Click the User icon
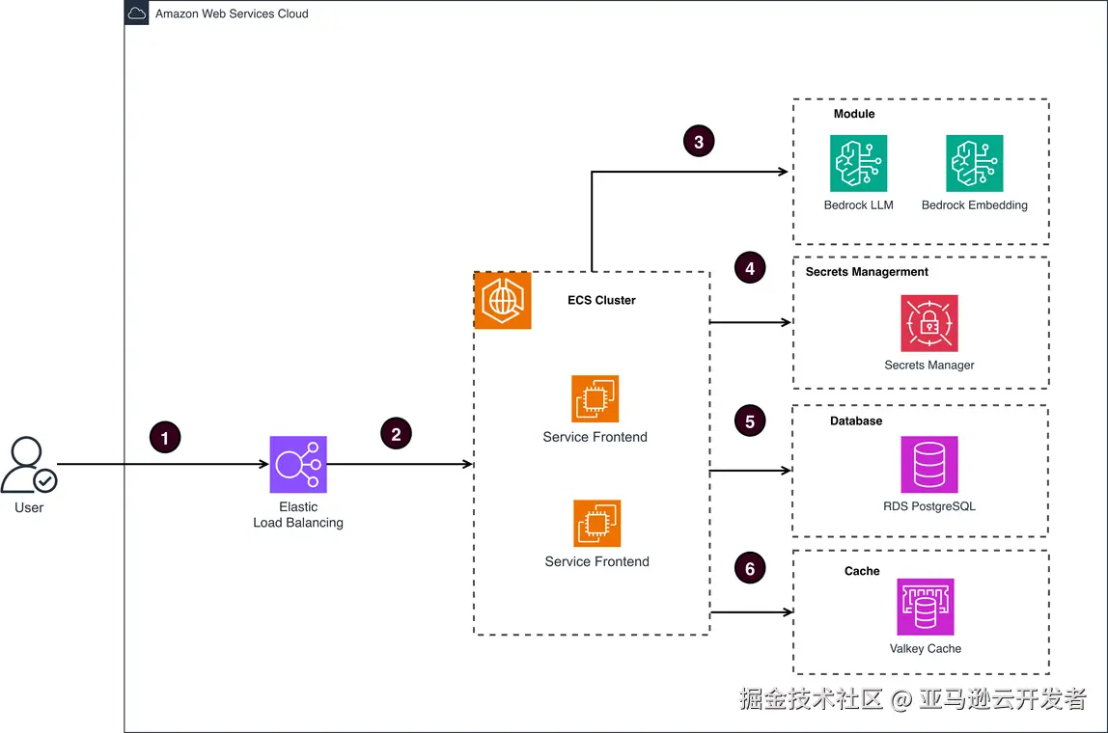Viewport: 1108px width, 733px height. [x=29, y=466]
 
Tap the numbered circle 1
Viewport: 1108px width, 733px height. [x=165, y=438]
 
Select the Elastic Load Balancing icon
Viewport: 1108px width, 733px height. [x=298, y=465]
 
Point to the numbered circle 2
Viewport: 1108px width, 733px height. [x=396, y=434]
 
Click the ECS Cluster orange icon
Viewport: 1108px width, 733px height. [x=503, y=301]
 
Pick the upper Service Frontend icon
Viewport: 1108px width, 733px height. [x=595, y=399]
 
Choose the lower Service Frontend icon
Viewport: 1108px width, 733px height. [x=596, y=524]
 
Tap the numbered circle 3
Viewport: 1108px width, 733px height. [x=699, y=142]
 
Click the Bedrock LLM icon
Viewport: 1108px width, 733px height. [x=858, y=163]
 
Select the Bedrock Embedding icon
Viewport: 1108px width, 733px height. [x=974, y=163]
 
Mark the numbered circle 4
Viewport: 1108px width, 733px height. [x=750, y=268]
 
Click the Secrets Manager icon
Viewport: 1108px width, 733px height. [x=929, y=323]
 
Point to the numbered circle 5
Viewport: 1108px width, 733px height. [x=750, y=421]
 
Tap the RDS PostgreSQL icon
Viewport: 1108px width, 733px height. [x=929, y=465]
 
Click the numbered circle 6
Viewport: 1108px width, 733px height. [x=750, y=568]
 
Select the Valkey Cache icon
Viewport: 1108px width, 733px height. [x=926, y=608]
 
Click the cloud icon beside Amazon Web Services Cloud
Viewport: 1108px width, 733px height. [x=137, y=14]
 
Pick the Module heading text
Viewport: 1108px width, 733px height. [x=854, y=114]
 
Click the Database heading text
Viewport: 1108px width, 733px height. [x=856, y=421]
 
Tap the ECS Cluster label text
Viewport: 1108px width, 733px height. [x=601, y=300]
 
